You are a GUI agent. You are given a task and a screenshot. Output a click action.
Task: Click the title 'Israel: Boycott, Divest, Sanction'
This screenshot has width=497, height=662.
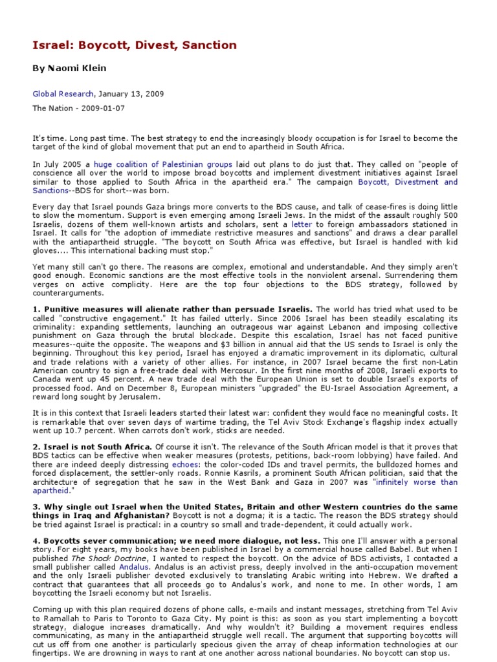tap(135, 45)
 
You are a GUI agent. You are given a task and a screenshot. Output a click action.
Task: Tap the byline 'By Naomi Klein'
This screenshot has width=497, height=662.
tap(69, 69)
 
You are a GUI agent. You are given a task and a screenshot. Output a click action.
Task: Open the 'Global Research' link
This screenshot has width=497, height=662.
tap(63, 93)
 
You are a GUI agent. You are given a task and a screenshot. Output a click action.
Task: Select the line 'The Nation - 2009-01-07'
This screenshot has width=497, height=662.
tap(79, 108)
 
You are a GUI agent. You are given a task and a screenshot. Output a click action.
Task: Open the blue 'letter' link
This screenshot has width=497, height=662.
tap(302, 224)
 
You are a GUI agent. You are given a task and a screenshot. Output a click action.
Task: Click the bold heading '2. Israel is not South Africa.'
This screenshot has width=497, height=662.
tap(93, 447)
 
